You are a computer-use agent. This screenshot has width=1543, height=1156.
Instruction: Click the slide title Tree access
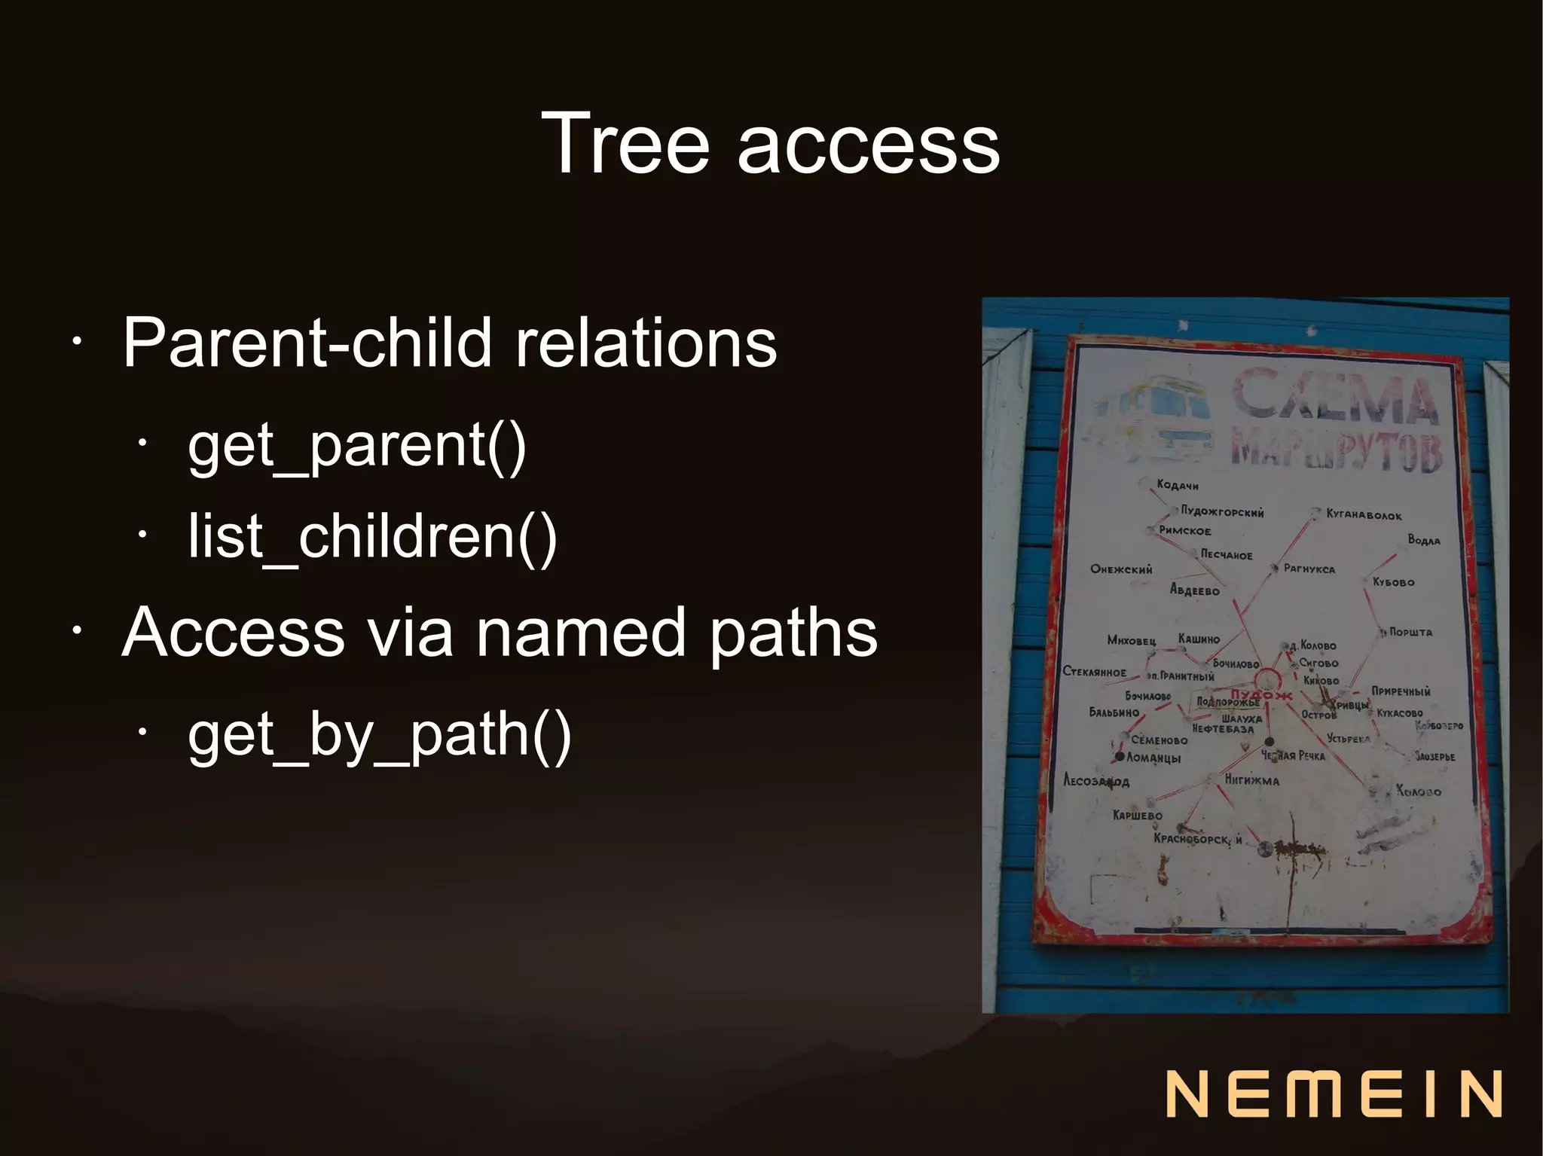[x=770, y=143]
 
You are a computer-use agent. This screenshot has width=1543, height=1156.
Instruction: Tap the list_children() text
[x=372, y=536]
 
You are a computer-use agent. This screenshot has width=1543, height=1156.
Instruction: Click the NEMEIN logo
[x=1334, y=1093]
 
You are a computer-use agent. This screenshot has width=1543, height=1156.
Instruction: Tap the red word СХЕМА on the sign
[x=1334, y=395]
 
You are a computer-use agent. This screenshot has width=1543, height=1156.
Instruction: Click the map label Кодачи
[x=1177, y=485]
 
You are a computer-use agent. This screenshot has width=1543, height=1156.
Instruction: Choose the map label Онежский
[x=1121, y=569]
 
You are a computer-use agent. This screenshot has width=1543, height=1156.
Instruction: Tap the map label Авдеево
[x=1194, y=590]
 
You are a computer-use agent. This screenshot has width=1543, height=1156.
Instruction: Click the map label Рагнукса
[x=1309, y=569]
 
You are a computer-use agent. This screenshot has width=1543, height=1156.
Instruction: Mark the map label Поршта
[x=1410, y=633]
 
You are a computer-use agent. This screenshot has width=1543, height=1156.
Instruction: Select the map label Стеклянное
[x=1094, y=672]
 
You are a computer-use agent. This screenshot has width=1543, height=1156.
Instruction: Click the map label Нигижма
[x=1251, y=780]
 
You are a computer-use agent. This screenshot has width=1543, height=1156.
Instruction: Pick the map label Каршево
[x=1137, y=816]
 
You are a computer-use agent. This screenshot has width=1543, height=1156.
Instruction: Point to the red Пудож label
[x=1260, y=694]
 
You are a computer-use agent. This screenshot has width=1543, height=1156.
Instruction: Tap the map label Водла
[x=1423, y=540]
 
